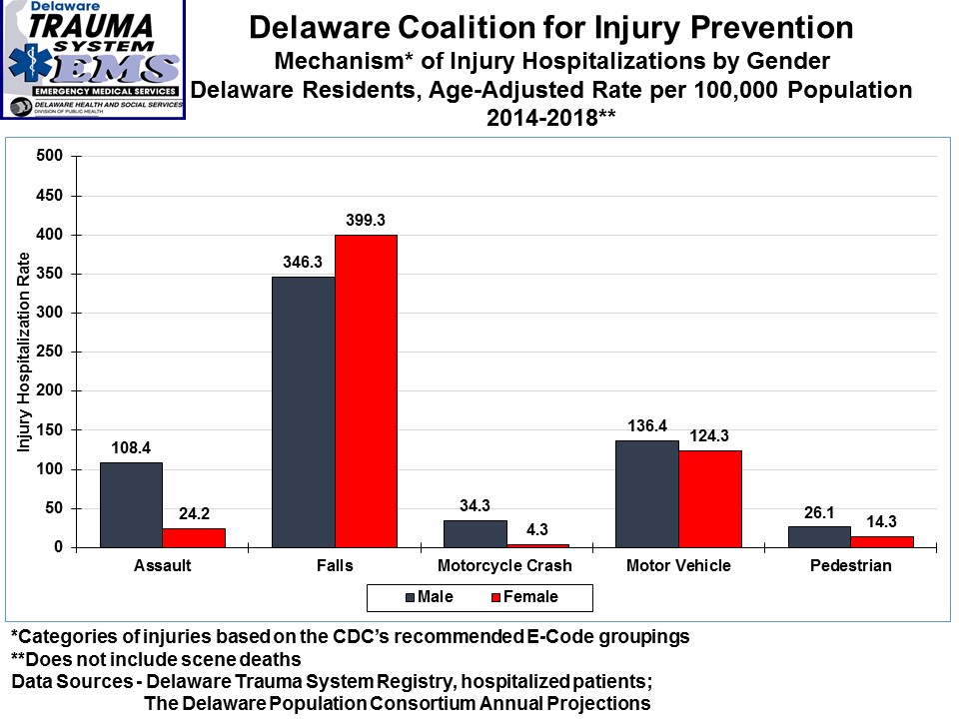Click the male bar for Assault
tap(131, 504)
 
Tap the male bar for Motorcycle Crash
tap(475, 533)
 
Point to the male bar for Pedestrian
tap(819, 536)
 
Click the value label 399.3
tap(366, 218)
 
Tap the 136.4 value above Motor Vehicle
tap(647, 424)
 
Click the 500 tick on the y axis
tap(51, 156)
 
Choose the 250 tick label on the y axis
tap(51, 352)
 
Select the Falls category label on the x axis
tap(334, 566)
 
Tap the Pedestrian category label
tap(851, 566)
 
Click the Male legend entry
tap(431, 597)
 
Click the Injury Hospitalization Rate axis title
tap(23, 352)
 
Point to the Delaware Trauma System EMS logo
tap(93, 60)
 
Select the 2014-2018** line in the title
tap(550, 116)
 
